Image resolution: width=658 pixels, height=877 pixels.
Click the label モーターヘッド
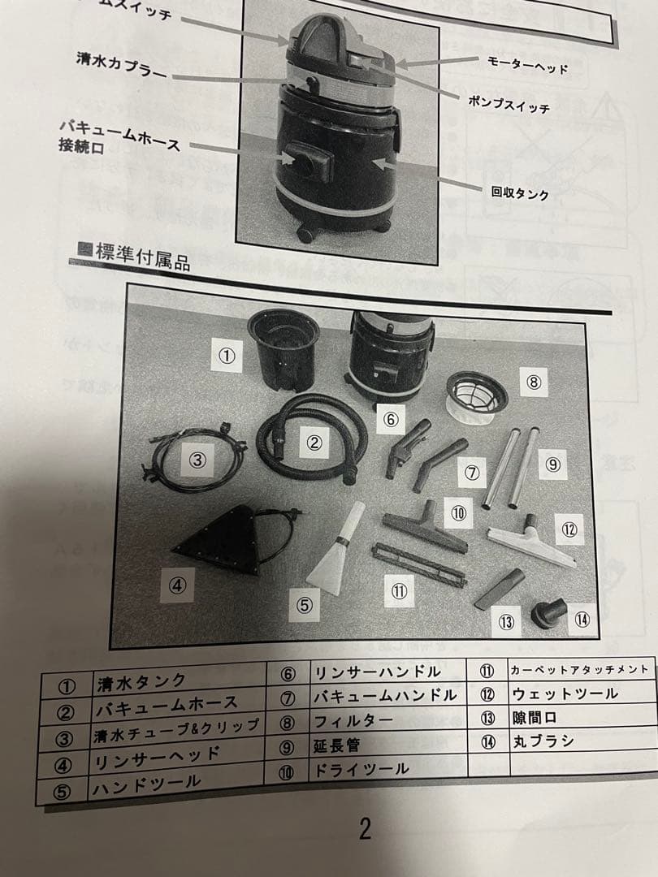(526, 66)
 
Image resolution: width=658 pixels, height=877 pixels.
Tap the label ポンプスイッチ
(510, 105)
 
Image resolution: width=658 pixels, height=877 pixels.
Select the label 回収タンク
(520, 193)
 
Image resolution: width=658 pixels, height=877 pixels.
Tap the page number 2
(365, 828)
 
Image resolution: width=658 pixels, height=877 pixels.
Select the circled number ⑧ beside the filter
(533, 382)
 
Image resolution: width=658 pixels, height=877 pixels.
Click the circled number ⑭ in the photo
(581, 619)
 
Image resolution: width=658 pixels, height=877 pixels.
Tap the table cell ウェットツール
(565, 694)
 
